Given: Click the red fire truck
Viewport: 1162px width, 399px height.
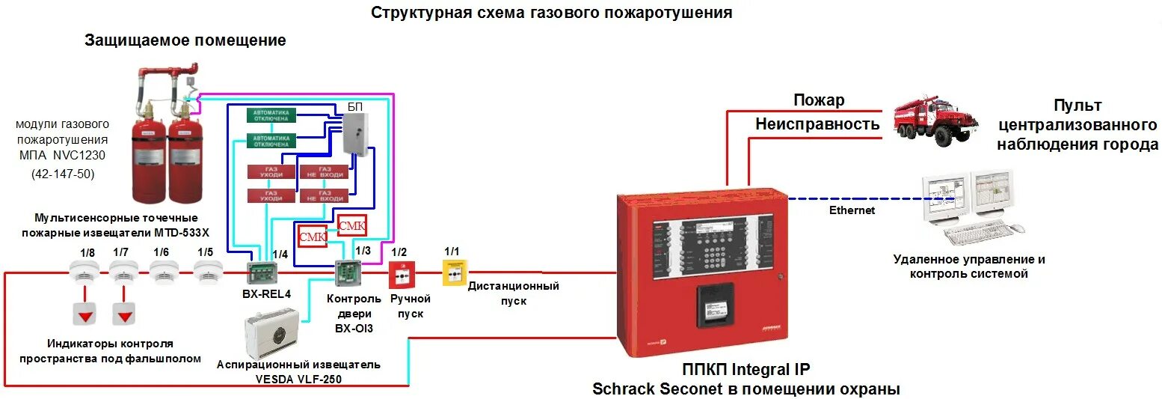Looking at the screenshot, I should [936, 120].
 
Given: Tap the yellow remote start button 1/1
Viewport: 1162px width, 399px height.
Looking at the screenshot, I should [453, 275].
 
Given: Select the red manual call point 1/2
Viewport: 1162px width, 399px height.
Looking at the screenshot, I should [401, 277].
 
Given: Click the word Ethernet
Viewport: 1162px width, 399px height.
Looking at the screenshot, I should [852, 210].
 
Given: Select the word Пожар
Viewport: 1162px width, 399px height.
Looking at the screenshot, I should [819, 100].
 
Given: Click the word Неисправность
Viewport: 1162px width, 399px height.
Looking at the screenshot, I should [817, 124].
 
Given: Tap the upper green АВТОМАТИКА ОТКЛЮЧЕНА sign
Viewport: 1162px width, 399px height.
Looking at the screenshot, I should [271, 115].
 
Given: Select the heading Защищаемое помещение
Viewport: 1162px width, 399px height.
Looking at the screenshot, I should [185, 40].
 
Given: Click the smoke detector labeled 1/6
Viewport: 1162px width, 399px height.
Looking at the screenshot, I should [162, 273].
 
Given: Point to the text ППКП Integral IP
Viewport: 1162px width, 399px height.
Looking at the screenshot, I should [746, 370].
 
